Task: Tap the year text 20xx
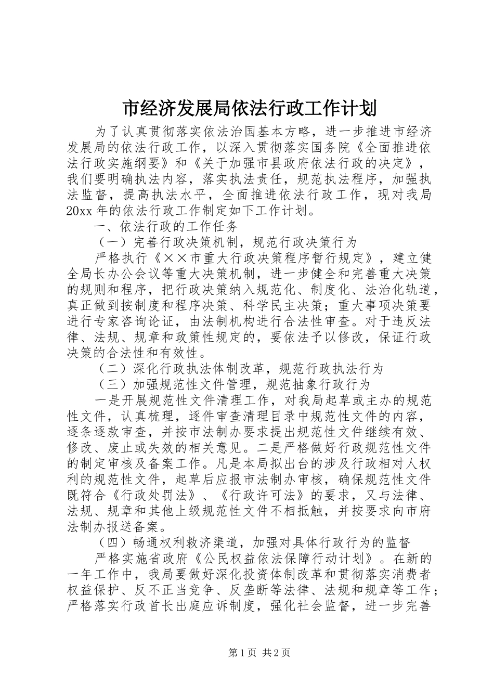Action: point(80,211)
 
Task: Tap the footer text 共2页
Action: point(276,667)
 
